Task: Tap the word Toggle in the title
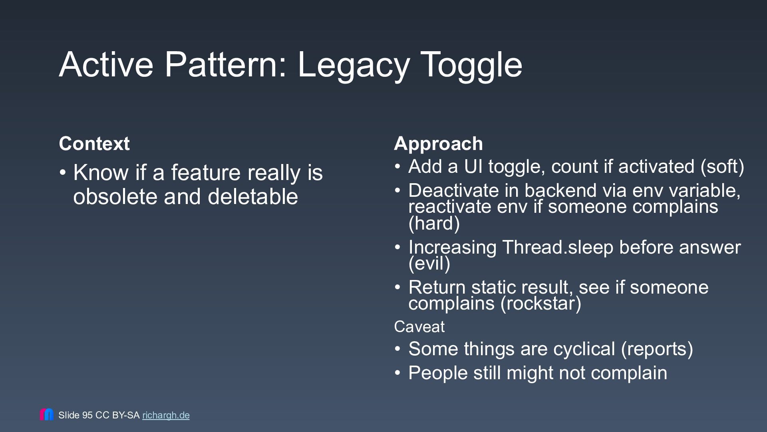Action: [471, 66]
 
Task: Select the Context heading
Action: [94, 143]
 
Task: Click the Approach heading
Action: [438, 144]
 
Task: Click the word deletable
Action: [253, 196]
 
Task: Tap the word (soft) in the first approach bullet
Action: [722, 167]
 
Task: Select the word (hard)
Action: [434, 223]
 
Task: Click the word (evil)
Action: [429, 263]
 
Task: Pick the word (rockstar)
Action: [541, 303]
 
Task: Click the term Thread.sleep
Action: [558, 247]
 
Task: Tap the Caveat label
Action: [419, 327]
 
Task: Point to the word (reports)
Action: [657, 349]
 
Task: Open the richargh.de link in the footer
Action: [166, 415]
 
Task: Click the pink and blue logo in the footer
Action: [46, 414]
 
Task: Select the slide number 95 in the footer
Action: [87, 415]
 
